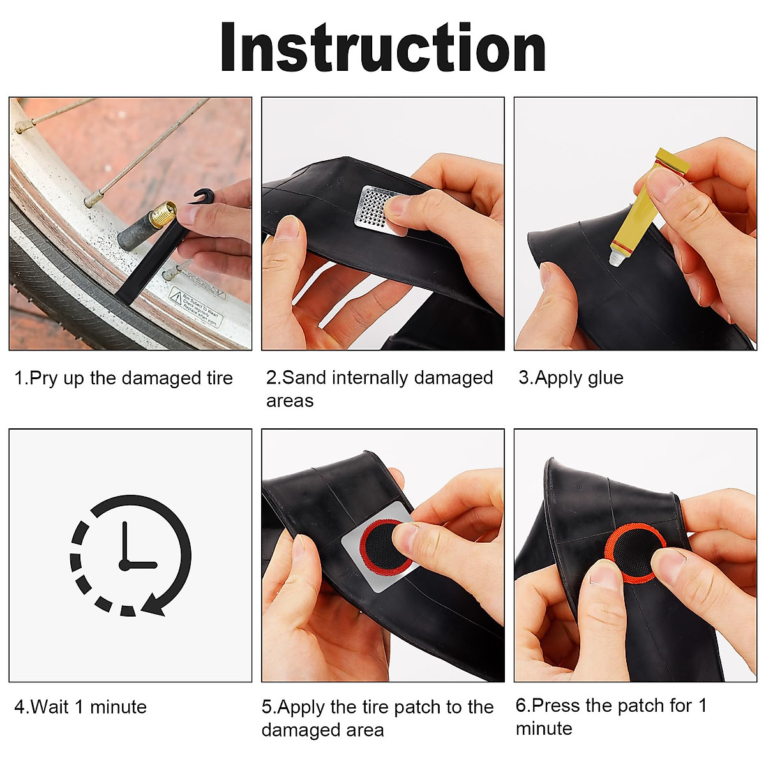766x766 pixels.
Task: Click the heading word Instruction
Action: click(x=383, y=49)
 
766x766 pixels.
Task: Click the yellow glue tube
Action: click(x=645, y=204)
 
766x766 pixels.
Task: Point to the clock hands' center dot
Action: click(x=124, y=565)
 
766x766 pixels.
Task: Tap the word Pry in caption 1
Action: click(x=43, y=378)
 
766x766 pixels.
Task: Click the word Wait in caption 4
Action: click(x=50, y=707)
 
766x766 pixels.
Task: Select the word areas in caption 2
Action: click(x=290, y=401)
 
